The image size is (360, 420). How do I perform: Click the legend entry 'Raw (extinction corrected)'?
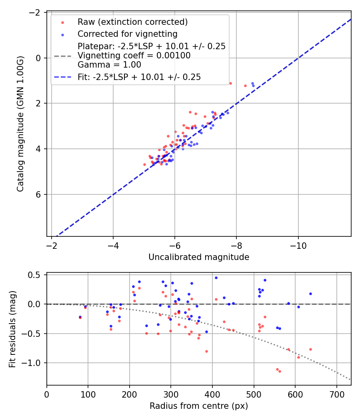tap(132, 22)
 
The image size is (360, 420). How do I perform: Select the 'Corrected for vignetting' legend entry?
tap(127, 34)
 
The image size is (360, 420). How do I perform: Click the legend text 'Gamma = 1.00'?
tap(109, 64)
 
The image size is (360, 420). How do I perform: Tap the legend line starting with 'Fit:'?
tap(139, 77)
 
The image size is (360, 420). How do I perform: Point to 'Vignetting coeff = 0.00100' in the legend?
tap(134, 56)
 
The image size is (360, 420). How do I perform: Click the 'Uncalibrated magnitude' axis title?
tap(199, 257)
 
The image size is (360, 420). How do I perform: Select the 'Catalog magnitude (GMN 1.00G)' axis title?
tap(20, 124)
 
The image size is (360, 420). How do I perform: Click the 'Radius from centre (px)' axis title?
tap(199, 406)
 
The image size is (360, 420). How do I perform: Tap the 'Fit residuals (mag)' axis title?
tap(12, 329)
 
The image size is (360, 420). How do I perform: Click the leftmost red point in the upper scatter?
tap(144, 164)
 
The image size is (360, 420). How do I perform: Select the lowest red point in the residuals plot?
tap(280, 371)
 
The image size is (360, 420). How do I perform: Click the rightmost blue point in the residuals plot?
tap(310, 294)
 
